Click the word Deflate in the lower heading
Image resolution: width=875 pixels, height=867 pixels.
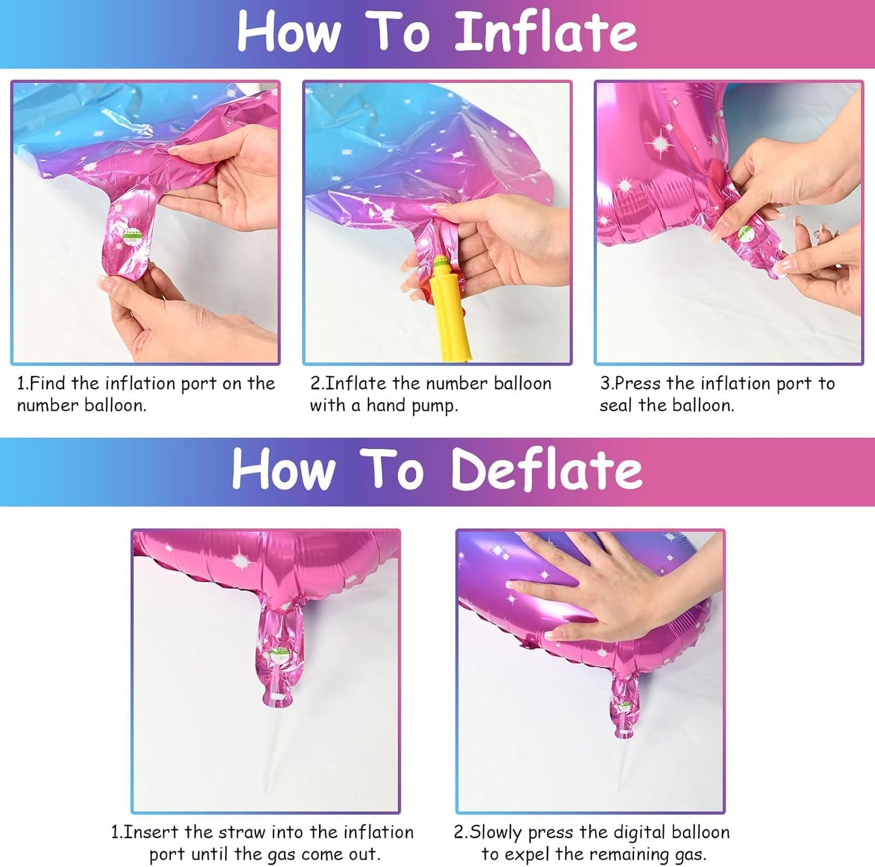[546, 470]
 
